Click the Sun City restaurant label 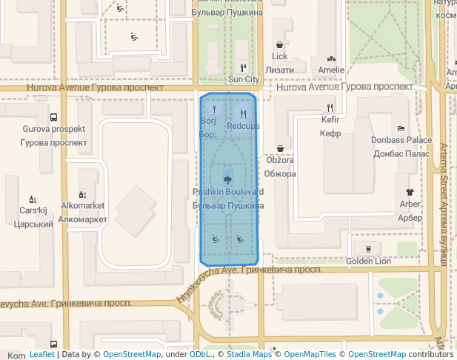tap(244, 79)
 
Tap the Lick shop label tap(279, 56)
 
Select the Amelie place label tap(331, 70)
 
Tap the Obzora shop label tap(280, 161)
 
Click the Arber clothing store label tap(410, 204)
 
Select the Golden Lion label tap(368, 261)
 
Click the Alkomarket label tap(82, 205)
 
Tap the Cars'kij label tap(33, 210)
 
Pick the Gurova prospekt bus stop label tap(53, 129)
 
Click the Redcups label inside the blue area tap(243, 126)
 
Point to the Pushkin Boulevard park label tap(227, 192)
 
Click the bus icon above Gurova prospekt tap(53, 117)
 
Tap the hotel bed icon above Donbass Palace tap(401, 128)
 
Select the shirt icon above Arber tap(410, 192)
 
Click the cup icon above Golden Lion tap(368, 248)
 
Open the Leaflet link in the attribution tap(42, 355)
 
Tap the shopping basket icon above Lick tap(279, 44)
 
